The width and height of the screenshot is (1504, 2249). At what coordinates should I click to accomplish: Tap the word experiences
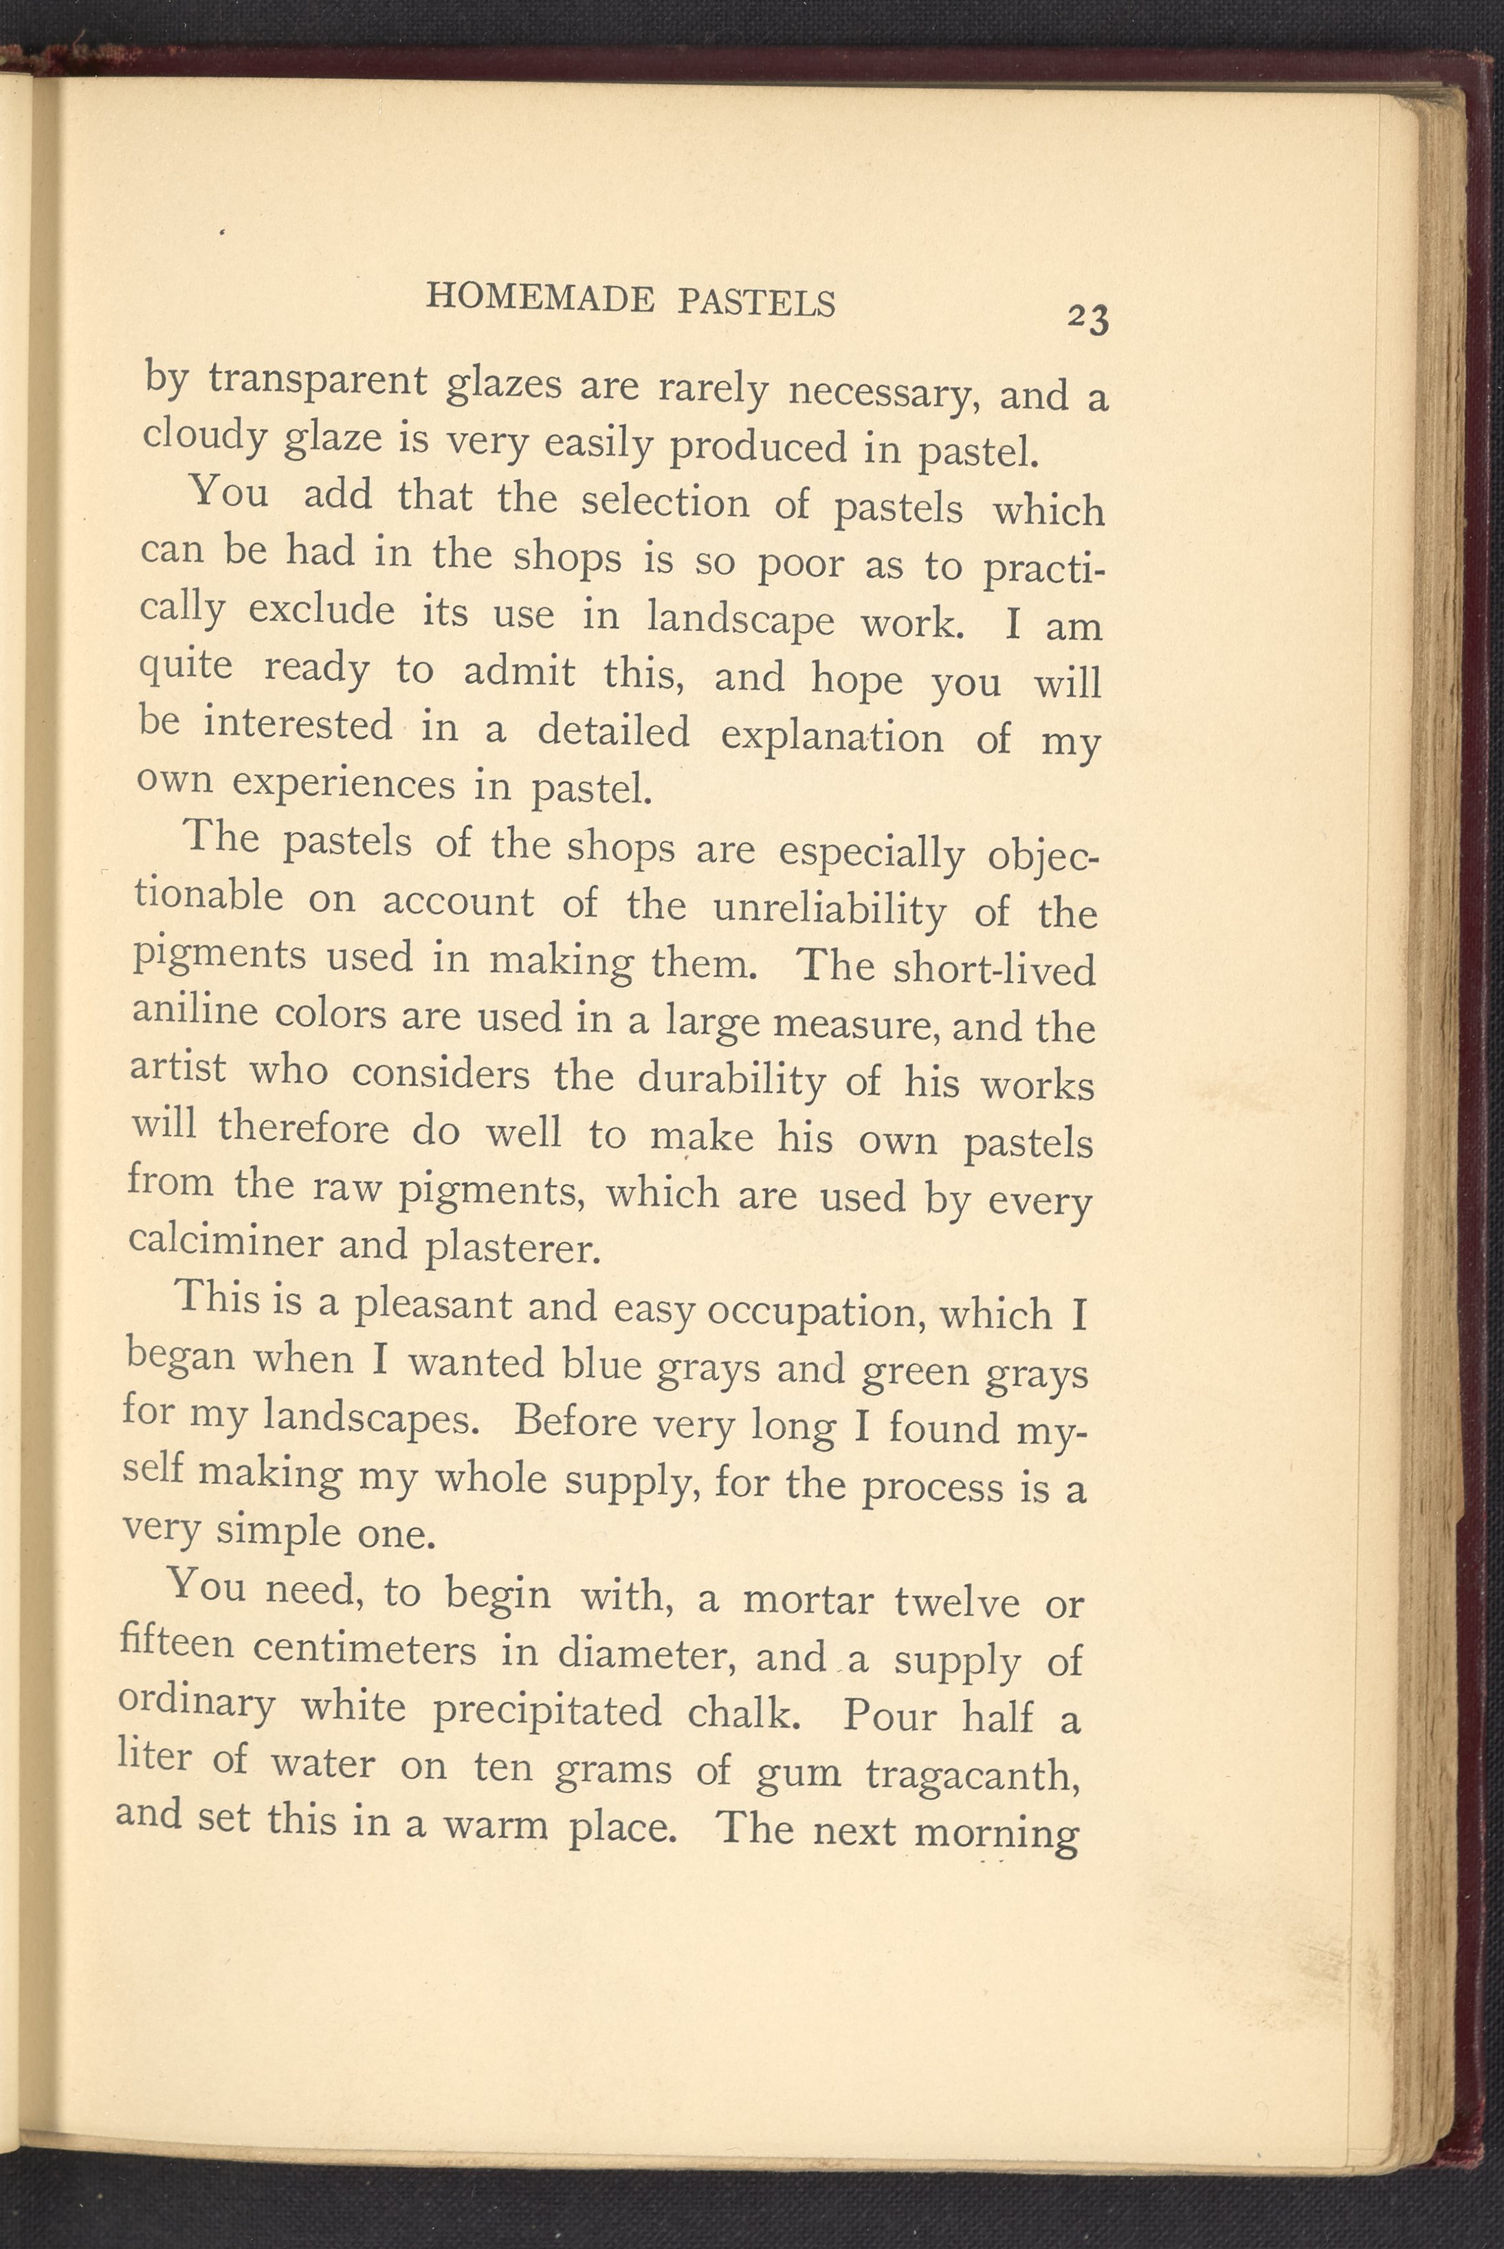click(x=344, y=784)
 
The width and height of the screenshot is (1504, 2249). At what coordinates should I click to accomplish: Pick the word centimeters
click(x=366, y=1650)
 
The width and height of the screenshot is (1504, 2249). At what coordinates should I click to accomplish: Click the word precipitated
click(x=546, y=1710)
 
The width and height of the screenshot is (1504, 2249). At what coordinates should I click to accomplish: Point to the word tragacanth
click(x=973, y=1774)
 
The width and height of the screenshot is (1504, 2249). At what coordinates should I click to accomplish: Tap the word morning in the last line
click(x=997, y=1834)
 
